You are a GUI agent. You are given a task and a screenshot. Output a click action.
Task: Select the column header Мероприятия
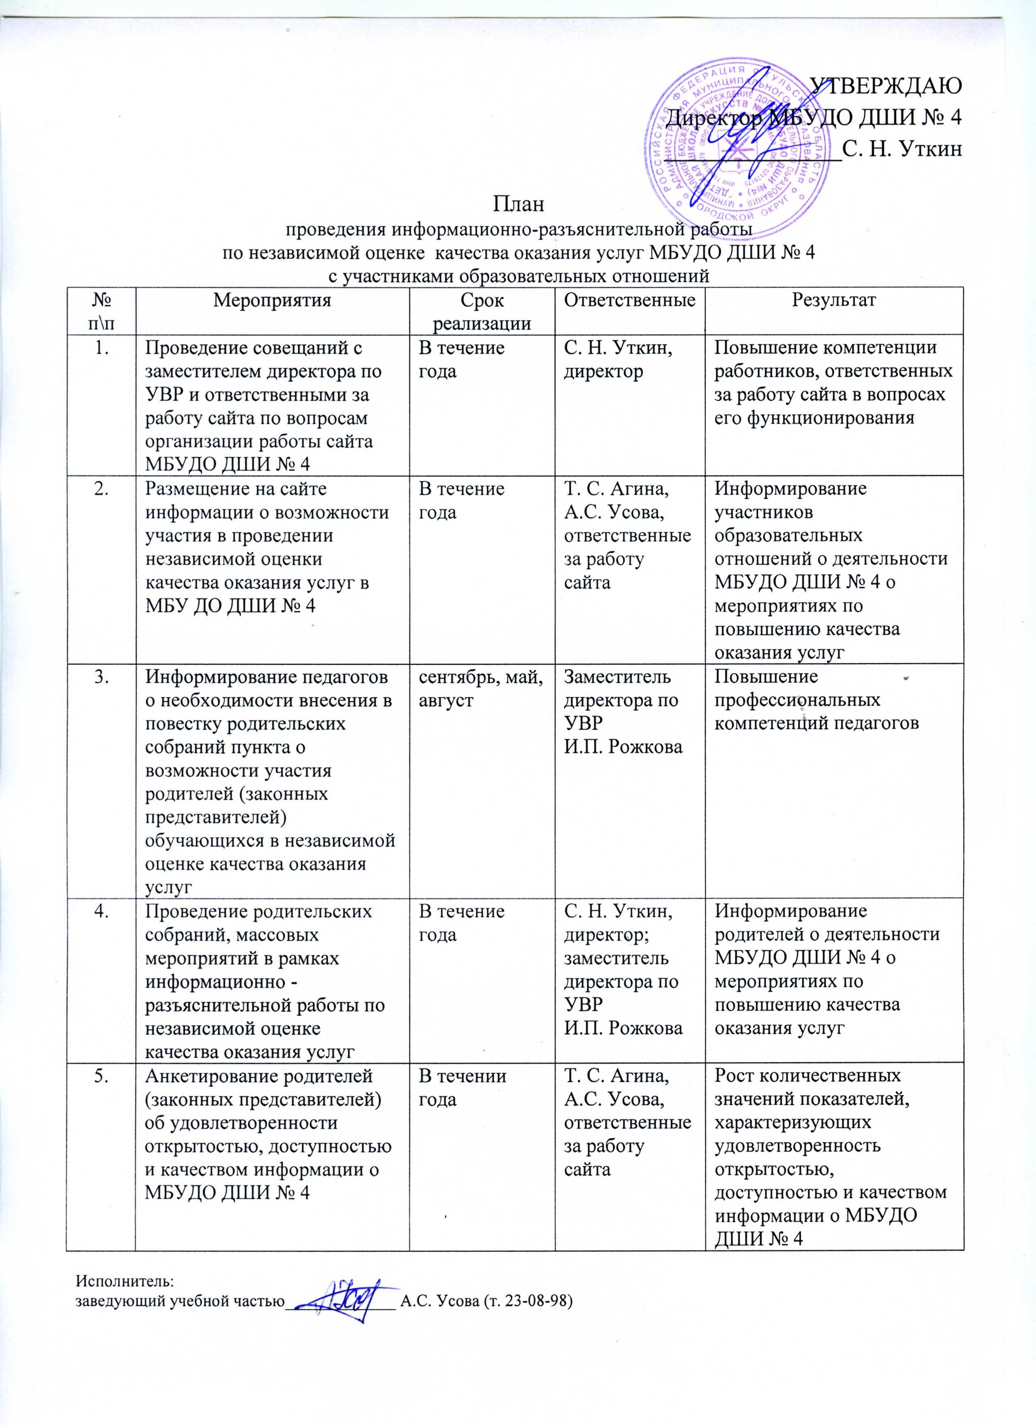coord(272,300)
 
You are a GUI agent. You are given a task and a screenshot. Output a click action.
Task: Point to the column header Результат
coord(834,300)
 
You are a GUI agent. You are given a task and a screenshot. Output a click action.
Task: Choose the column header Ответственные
coord(630,300)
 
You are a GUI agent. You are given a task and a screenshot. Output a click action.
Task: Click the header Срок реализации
coord(481,311)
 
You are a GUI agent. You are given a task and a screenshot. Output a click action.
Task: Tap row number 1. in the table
coord(101,348)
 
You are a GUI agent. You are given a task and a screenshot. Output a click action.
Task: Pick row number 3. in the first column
coord(101,677)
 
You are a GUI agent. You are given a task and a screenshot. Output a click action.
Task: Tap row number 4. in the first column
coord(101,911)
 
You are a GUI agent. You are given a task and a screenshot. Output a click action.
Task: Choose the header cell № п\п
coord(101,311)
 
